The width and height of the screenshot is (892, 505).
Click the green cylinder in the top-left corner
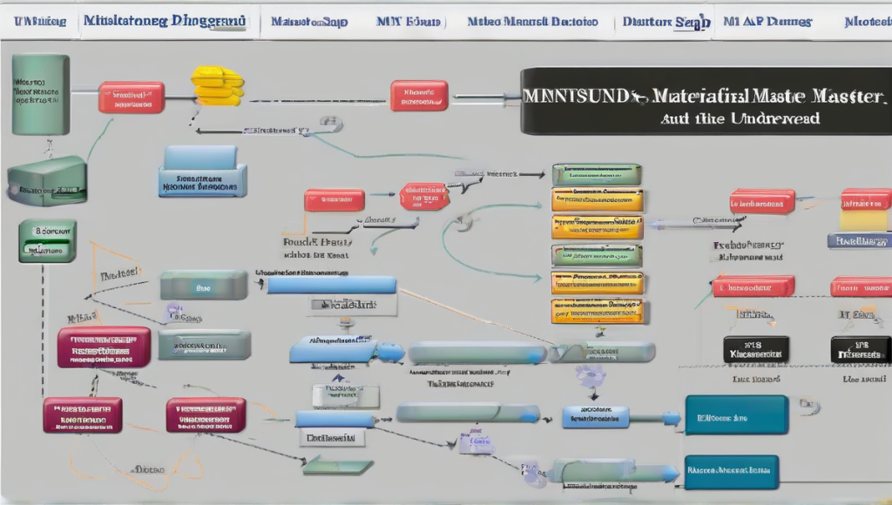pos(40,94)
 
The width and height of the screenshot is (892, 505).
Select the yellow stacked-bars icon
pos(217,85)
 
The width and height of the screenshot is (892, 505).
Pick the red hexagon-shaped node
pos(425,197)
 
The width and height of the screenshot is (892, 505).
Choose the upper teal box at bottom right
pos(736,415)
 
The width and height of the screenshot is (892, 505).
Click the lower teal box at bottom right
pos(731,471)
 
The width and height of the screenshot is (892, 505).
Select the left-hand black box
pos(755,349)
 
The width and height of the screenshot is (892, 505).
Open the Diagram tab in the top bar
pos(166,20)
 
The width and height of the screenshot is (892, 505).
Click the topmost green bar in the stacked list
pos(597,174)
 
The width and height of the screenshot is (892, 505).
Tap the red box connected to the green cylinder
pos(132,98)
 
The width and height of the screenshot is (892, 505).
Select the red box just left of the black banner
pos(419,95)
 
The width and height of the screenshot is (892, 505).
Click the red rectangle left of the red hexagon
pos(334,200)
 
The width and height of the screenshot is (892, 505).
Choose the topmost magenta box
pos(104,346)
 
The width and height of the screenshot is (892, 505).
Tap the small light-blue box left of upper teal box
pos(596,416)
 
